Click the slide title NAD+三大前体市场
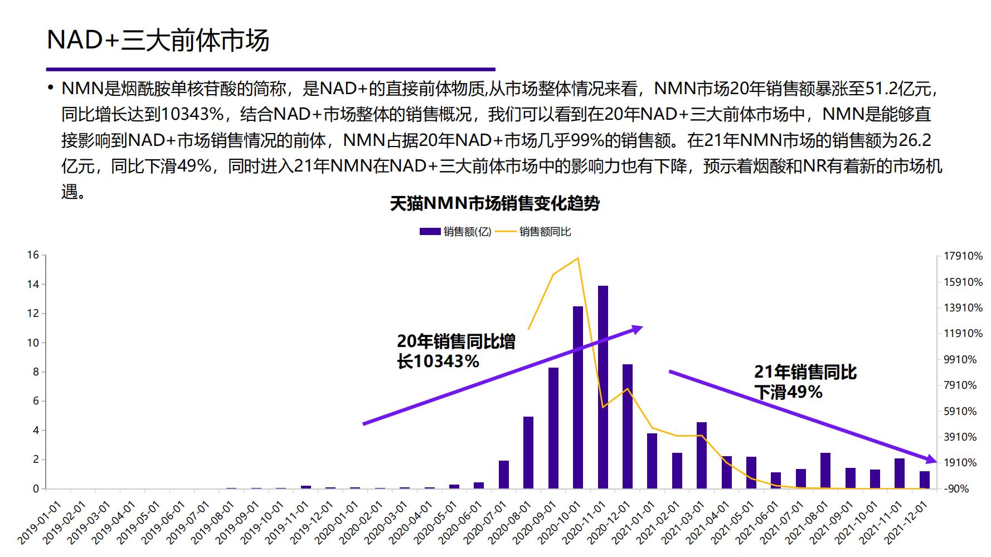point(158,40)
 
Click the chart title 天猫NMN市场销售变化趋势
point(494,204)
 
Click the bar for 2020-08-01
point(528,452)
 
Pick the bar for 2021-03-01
point(702,455)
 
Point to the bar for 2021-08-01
point(825,471)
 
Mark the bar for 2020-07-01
point(503,475)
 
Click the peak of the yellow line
point(578,258)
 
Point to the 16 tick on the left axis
point(33,255)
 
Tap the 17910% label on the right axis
point(963,256)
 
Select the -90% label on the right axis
point(956,489)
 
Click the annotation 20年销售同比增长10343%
point(455,351)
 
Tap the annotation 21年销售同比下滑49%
point(805,382)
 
